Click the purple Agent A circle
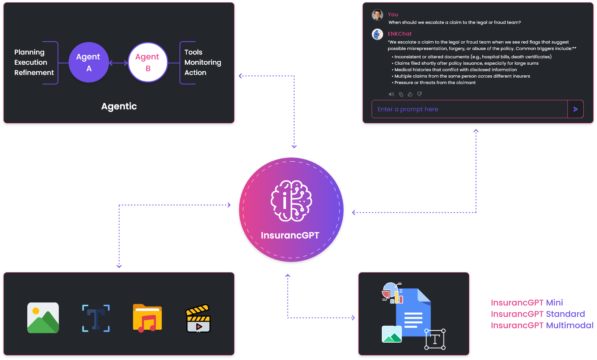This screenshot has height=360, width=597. (x=89, y=62)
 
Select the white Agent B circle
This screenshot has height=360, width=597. (x=148, y=62)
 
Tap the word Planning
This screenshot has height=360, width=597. (x=29, y=52)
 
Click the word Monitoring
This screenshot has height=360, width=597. (x=203, y=62)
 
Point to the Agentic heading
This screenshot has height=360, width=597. (x=119, y=106)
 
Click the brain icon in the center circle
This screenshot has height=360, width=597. (x=291, y=201)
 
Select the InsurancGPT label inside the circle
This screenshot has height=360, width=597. (x=290, y=235)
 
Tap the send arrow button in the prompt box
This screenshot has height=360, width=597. (x=575, y=109)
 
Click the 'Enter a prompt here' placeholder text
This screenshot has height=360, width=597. (x=408, y=109)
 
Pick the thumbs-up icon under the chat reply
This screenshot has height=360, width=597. (x=410, y=94)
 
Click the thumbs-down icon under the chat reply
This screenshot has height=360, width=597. (x=419, y=94)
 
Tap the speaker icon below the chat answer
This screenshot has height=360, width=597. (x=391, y=94)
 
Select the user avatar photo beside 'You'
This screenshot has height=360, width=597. (x=377, y=15)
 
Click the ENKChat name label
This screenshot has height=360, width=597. (x=399, y=34)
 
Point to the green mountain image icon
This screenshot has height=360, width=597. (x=43, y=318)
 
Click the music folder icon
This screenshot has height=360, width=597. (x=147, y=318)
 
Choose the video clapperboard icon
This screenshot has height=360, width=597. (x=198, y=318)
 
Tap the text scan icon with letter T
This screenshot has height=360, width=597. (x=96, y=318)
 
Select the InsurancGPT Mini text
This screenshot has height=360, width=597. (x=527, y=303)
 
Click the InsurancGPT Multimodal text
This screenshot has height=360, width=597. (x=542, y=326)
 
